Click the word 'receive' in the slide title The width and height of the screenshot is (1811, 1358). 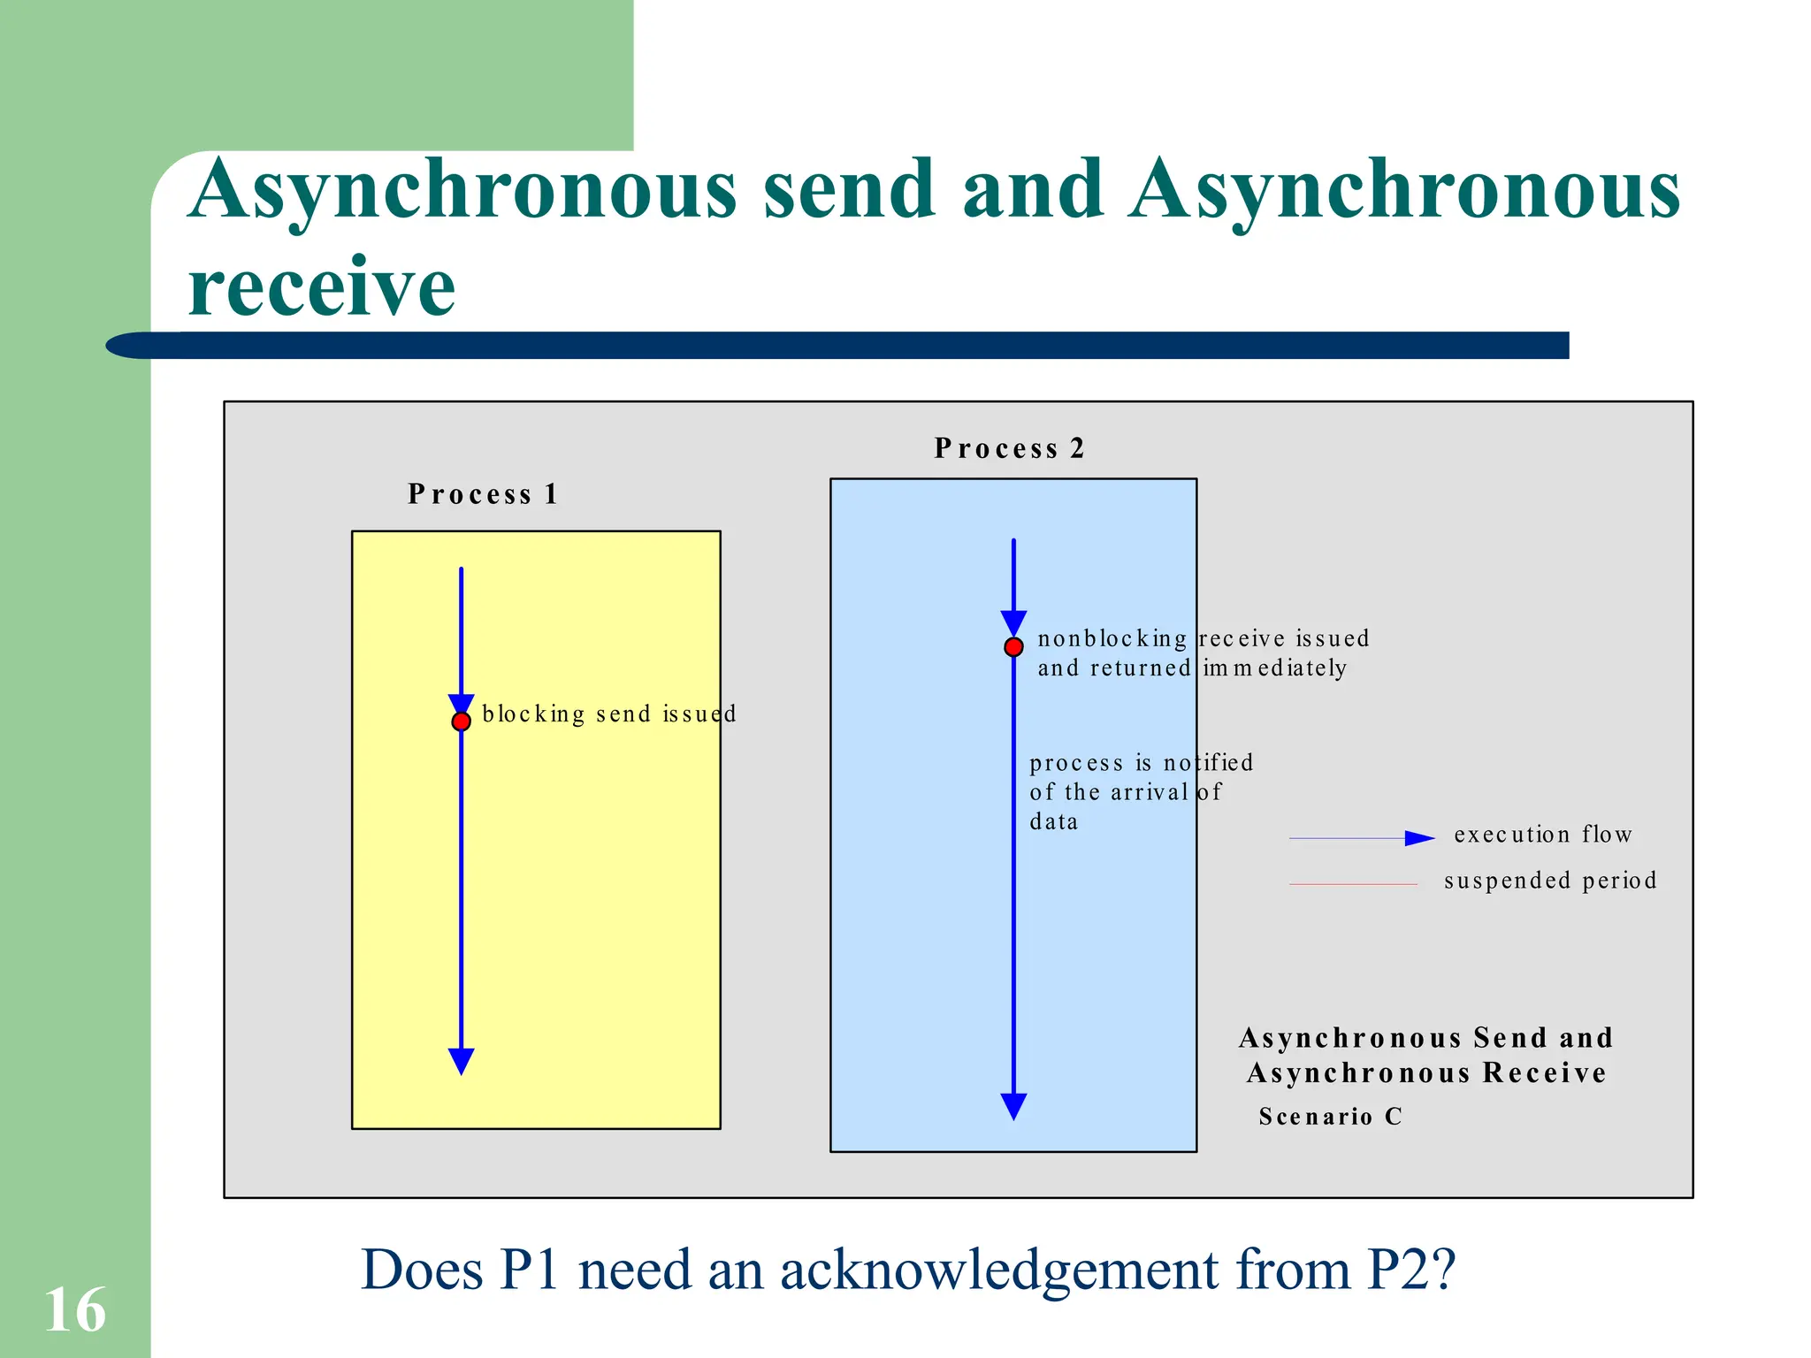(x=322, y=286)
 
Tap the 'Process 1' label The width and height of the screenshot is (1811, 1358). (x=483, y=494)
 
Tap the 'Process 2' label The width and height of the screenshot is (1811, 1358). (x=1009, y=448)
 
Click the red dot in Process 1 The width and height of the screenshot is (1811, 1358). (x=461, y=721)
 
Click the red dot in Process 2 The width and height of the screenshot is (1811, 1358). (x=1013, y=647)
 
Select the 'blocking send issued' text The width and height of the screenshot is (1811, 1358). (x=608, y=713)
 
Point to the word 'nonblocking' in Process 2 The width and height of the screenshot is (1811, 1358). (x=1112, y=638)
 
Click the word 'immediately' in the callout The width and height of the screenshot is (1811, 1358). (x=1274, y=668)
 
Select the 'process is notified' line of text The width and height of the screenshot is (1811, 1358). (x=1141, y=762)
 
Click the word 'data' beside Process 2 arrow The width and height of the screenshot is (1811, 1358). (x=1053, y=821)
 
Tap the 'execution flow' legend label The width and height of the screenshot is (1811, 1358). (x=1543, y=834)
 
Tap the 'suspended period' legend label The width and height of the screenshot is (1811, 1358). (x=1550, y=880)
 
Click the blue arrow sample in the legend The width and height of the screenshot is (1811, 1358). (x=1362, y=838)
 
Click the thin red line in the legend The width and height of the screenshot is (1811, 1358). (x=1353, y=884)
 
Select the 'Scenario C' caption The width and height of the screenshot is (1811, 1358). (x=1331, y=1117)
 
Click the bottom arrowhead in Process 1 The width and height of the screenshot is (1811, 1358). (x=461, y=1060)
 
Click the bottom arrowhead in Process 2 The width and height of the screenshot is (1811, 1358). (x=1013, y=1105)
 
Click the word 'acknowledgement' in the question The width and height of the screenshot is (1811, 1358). (x=1000, y=1270)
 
